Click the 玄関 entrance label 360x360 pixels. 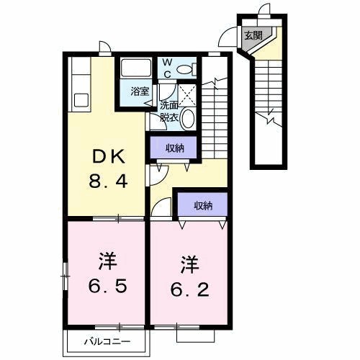pyautogui.click(x=253, y=36)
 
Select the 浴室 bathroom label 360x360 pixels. pyautogui.click(x=140, y=91)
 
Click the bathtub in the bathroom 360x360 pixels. pyautogui.click(x=136, y=67)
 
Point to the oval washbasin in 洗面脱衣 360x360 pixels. pyautogui.click(x=188, y=119)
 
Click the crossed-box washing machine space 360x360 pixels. pyautogui.click(x=187, y=95)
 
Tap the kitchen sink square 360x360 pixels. pyautogui.click(x=81, y=100)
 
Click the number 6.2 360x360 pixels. pyautogui.click(x=189, y=289)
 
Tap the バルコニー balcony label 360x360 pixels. pyautogui.click(x=107, y=341)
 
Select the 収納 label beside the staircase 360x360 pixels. pyautogui.click(x=175, y=148)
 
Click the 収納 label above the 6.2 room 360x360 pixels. pyautogui.click(x=204, y=206)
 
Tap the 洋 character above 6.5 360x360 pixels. pyautogui.click(x=107, y=261)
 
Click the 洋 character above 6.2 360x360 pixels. pyautogui.click(x=189, y=265)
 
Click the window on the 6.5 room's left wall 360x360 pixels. pyautogui.click(x=65, y=276)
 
